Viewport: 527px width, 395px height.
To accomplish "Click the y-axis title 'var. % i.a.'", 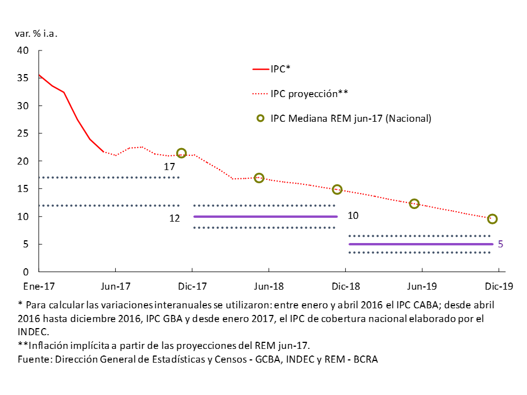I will click(x=36, y=33).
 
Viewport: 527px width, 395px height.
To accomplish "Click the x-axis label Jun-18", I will click(x=269, y=286).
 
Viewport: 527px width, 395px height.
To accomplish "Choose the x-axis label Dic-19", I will click(x=498, y=286).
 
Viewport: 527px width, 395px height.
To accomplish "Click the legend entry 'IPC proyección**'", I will click(x=310, y=94).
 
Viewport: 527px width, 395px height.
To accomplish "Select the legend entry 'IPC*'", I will click(x=280, y=70).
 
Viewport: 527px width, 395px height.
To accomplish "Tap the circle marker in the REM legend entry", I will click(x=260, y=118).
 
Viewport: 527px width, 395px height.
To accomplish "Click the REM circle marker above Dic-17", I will click(x=181, y=153).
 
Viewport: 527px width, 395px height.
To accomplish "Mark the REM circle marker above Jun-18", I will click(x=259, y=178).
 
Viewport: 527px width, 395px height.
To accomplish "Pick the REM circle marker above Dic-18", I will click(x=337, y=189).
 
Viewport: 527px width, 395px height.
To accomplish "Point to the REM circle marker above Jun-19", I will click(x=414, y=204).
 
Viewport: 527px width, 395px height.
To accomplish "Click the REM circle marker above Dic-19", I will click(x=492, y=219).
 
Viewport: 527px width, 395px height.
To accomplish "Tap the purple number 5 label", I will click(x=500, y=244).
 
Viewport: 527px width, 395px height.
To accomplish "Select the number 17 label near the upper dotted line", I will click(x=169, y=166).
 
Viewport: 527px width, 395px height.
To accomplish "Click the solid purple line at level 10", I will click(x=265, y=217).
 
